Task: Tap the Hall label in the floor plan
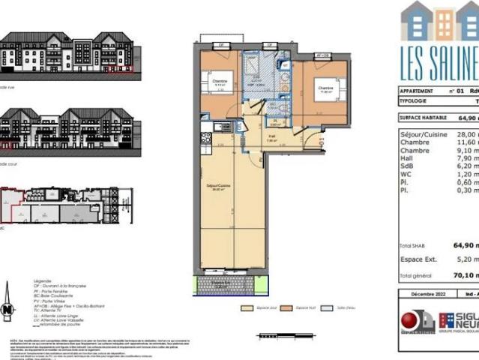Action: tap(272, 136)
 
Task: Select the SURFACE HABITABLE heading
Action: tap(426, 118)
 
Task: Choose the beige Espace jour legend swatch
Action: tap(245, 307)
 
